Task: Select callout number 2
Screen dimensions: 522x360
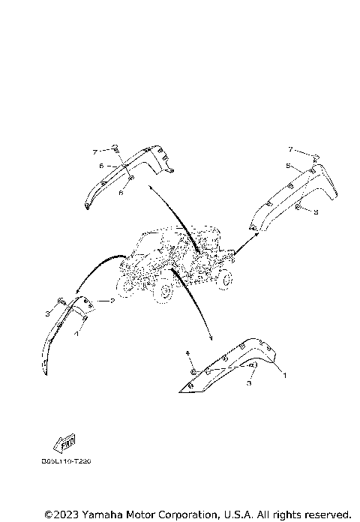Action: pyautogui.click(x=112, y=301)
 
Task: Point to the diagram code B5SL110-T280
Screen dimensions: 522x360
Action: pyautogui.click(x=72, y=463)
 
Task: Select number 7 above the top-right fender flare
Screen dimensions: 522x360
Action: pyautogui.click(x=292, y=151)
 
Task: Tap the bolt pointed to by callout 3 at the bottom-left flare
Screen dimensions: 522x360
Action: pyautogui.click(x=57, y=310)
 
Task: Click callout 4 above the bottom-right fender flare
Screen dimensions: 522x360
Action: pyautogui.click(x=187, y=352)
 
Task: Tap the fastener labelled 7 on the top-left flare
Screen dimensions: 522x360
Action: pyautogui.click(x=116, y=147)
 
